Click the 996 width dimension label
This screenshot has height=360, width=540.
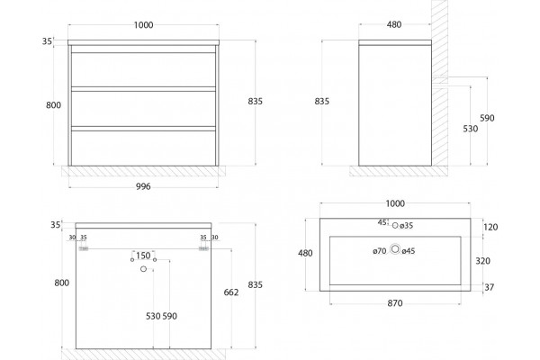point(143,186)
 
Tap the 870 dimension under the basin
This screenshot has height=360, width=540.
point(395,303)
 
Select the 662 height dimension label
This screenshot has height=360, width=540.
point(231,292)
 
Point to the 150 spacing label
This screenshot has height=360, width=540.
point(143,256)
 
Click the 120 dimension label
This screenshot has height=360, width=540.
point(490,227)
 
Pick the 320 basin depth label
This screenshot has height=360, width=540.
point(482,261)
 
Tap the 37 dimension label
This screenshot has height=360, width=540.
point(489,287)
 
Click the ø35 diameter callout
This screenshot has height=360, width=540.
point(407,226)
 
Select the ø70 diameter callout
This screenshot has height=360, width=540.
point(380,251)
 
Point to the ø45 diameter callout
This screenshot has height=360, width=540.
point(409,251)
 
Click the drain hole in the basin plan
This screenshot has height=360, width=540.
point(395,249)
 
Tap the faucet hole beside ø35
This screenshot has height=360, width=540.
point(395,226)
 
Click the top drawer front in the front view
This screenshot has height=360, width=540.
point(143,69)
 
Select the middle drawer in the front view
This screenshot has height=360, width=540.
point(143,109)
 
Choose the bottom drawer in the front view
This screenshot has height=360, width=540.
point(143,148)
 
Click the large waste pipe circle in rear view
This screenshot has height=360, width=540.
point(144,269)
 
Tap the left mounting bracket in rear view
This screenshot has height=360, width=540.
point(84,248)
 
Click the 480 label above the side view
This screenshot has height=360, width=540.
point(394,24)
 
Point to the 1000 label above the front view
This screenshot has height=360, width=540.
point(143,25)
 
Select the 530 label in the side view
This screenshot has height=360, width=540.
point(471,129)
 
